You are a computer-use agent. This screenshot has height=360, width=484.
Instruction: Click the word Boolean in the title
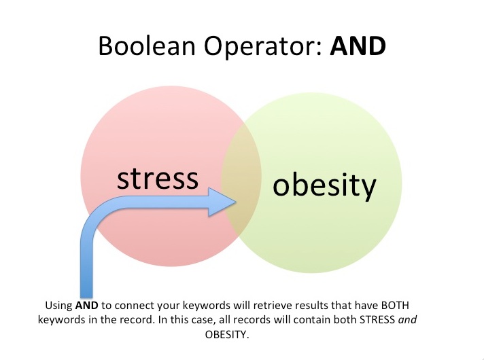[147, 46]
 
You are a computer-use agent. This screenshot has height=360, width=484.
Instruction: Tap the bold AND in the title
[358, 46]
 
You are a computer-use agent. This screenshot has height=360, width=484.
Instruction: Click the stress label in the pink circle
[158, 179]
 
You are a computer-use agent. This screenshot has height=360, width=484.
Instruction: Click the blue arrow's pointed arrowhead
[223, 202]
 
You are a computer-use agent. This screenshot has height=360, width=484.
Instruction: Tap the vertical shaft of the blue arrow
[86, 262]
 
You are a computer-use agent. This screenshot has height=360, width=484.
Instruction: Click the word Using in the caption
[58, 306]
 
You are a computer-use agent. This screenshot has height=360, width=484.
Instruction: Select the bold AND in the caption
[87, 305]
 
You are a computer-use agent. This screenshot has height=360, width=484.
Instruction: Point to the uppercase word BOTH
[395, 305]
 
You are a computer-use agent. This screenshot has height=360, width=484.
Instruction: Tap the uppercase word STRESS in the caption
[377, 320]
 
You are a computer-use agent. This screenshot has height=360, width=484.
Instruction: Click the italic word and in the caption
[407, 320]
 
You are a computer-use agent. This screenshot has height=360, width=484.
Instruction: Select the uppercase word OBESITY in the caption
[227, 334]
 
